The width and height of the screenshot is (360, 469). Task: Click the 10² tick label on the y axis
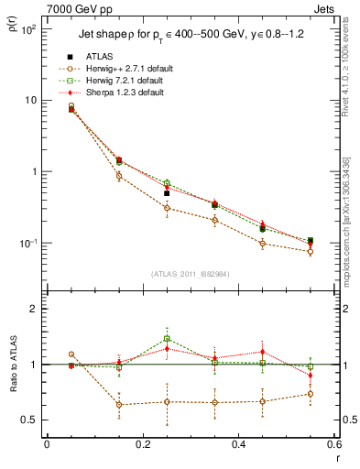(28, 28)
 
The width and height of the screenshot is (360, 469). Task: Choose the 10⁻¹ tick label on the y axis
(28, 243)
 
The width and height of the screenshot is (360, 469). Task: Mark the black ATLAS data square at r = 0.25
(167, 193)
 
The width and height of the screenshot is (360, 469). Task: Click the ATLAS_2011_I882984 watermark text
(191, 274)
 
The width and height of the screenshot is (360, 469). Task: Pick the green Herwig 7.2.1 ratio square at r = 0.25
(167, 339)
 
